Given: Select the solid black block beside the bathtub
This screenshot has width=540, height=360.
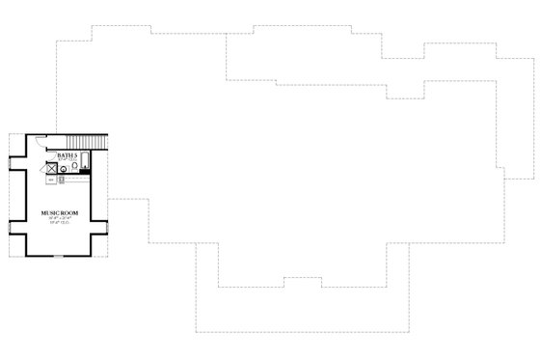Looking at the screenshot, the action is coord(84,172).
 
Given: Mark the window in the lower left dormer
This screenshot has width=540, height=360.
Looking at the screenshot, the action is coord(9,230).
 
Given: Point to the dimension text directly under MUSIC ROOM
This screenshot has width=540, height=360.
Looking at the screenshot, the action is coord(57,217).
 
